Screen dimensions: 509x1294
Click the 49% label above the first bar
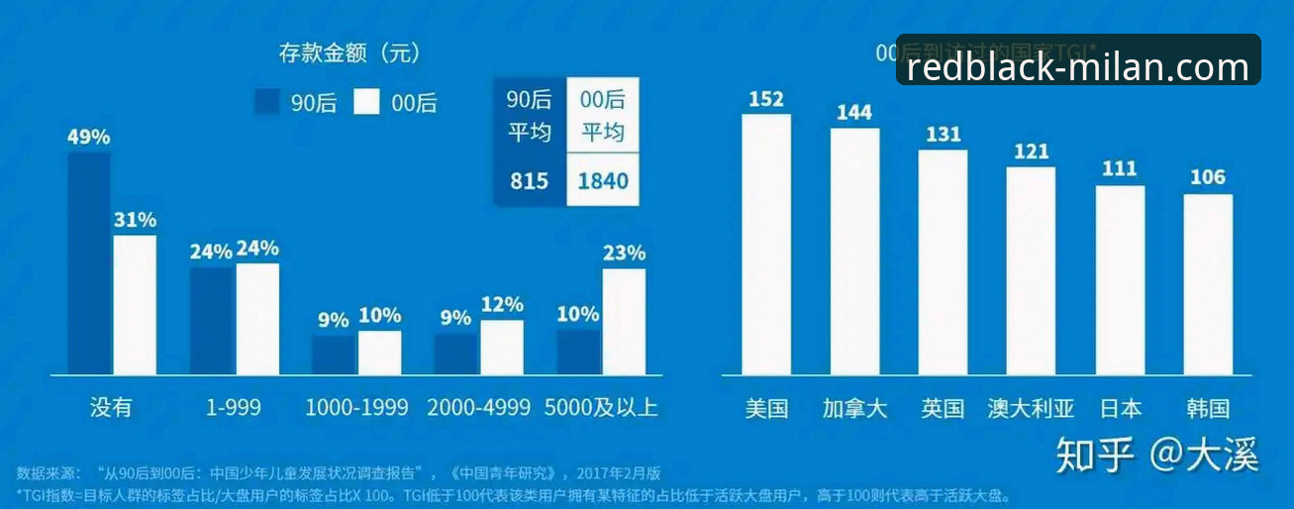(x=88, y=137)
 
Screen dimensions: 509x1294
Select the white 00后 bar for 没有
(x=135, y=304)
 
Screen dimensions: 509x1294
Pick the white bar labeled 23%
(x=624, y=321)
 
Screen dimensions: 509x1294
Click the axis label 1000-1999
(x=356, y=407)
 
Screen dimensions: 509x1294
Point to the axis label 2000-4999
(x=479, y=407)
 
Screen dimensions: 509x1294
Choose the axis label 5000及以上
(x=601, y=407)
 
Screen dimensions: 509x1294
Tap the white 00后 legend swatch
(x=366, y=102)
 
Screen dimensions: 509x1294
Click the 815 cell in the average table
(x=530, y=181)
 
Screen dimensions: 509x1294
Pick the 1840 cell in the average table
(x=603, y=181)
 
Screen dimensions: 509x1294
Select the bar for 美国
(x=766, y=244)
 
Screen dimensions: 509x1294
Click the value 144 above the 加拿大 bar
(x=854, y=113)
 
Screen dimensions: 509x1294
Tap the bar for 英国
(x=943, y=261)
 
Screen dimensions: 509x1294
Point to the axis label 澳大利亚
(x=1031, y=408)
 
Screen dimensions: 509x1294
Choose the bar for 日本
(x=1120, y=279)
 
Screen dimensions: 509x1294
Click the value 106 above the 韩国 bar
(x=1208, y=178)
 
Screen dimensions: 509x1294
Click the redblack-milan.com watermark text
(x=1078, y=67)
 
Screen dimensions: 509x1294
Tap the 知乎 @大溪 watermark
(x=1156, y=455)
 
